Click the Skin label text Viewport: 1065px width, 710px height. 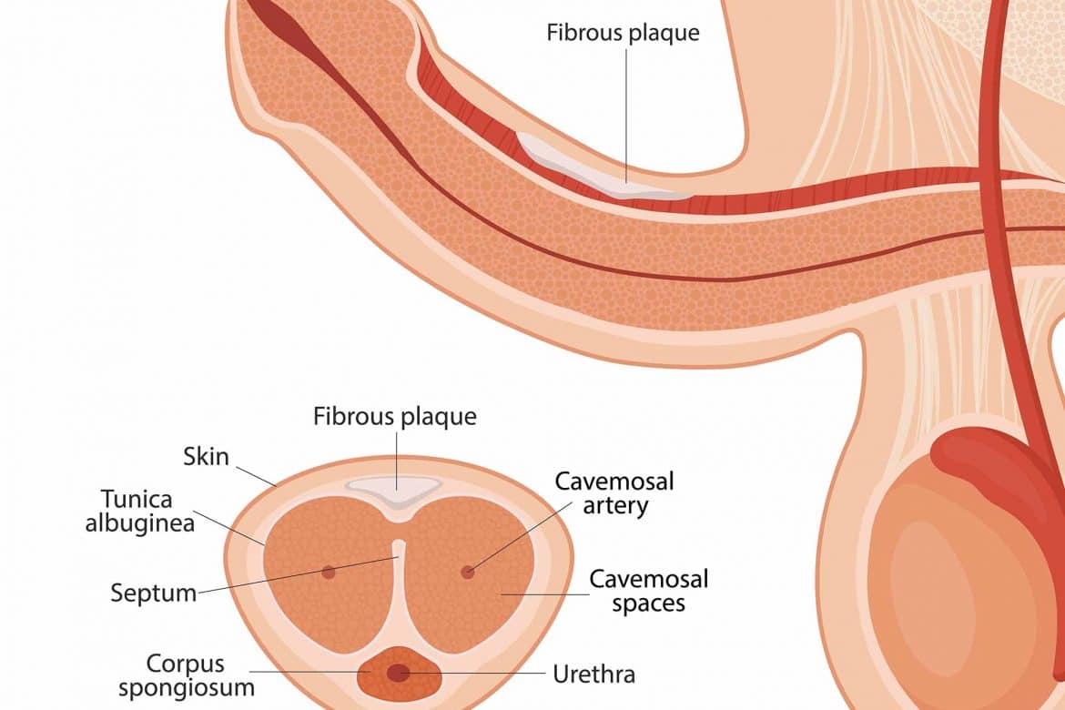pos(207,457)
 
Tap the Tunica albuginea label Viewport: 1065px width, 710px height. pos(140,511)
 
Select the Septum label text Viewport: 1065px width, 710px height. pos(154,593)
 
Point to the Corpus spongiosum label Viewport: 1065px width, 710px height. pos(187,675)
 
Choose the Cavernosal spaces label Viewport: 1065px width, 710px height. pos(649,591)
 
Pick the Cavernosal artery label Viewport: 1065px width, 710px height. pos(614,493)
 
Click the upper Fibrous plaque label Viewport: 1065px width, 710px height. pos(623,33)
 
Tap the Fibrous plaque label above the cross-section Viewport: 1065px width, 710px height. pos(395,416)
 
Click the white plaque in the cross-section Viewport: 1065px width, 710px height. pos(394,490)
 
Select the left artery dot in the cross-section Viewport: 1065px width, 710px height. pos(329,572)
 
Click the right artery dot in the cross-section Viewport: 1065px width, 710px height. pos(467,572)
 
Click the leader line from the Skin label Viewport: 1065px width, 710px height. pos(256,476)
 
